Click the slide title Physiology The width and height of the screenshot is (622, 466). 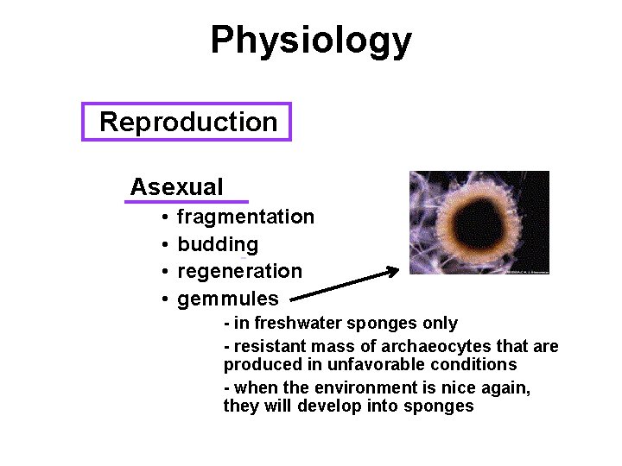pyautogui.click(x=311, y=40)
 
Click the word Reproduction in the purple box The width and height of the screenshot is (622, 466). pyautogui.click(x=188, y=122)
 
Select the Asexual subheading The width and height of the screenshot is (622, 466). pyautogui.click(x=176, y=186)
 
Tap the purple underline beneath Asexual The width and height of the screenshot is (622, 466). pyautogui.click(x=186, y=202)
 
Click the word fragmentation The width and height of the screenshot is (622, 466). pyautogui.click(x=245, y=217)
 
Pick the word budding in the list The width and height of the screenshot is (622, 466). pyautogui.click(x=217, y=244)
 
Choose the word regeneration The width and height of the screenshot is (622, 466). pyautogui.click(x=239, y=272)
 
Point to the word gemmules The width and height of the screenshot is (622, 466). pyautogui.click(x=227, y=299)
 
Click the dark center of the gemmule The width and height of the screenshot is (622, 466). pyautogui.click(x=478, y=222)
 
